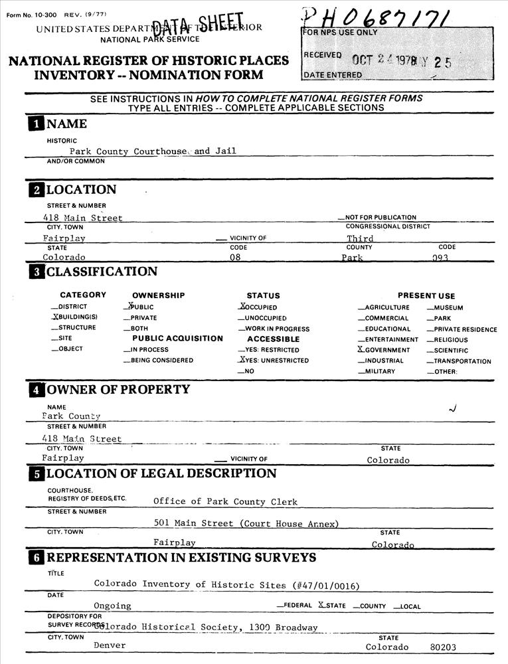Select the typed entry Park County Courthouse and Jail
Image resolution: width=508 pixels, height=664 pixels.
coord(153,151)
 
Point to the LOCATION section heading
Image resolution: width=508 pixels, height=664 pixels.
coord(81,190)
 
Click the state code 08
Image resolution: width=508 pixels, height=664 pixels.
coord(235,257)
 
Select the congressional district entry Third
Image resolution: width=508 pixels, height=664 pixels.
coord(360,238)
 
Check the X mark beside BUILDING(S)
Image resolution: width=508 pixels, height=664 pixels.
coord(54,317)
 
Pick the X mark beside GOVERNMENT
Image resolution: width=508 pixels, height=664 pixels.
coord(361,349)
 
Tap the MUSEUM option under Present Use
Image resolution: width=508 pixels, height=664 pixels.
coord(448,308)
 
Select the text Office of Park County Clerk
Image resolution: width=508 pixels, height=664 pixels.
coord(225,502)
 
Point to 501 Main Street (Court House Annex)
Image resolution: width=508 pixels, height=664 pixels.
coord(246,523)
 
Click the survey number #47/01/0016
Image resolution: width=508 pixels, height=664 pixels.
coord(325,585)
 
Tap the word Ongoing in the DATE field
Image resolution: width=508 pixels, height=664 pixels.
coord(112,606)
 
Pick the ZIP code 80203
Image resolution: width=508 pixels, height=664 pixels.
coord(443,647)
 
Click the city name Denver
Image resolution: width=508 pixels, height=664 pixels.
coord(110,645)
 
